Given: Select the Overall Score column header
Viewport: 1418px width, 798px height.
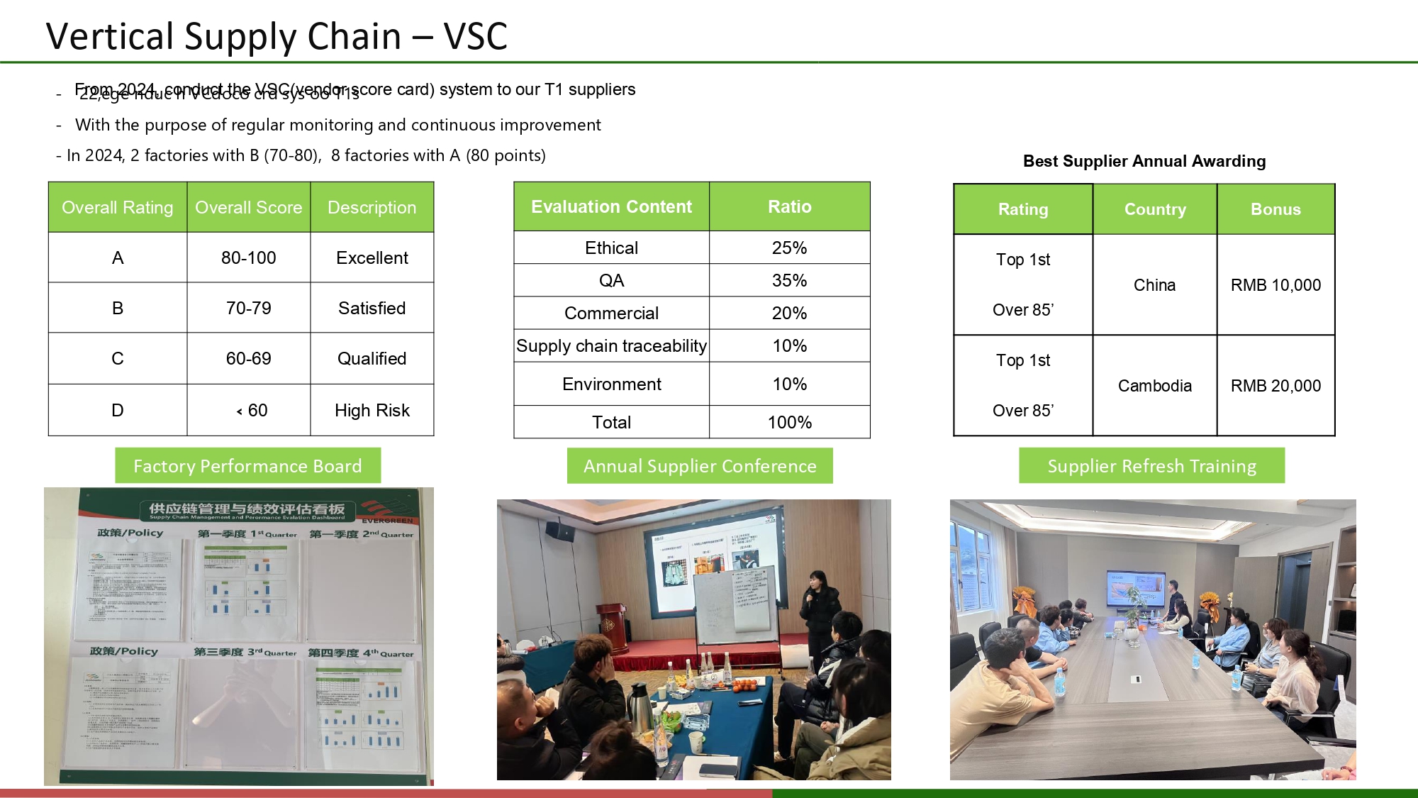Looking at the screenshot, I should coord(248,207).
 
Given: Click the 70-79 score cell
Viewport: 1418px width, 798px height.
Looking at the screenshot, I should coord(248,308).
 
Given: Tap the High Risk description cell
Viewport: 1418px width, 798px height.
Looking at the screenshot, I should coord(372,410).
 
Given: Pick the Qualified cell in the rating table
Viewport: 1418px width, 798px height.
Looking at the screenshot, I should coord(372,358).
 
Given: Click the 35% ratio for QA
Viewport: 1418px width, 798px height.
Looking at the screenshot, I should coord(789,280).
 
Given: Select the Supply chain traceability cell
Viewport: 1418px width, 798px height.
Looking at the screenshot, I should coord(611,345).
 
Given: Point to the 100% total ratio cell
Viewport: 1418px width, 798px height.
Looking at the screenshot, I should coord(789,422).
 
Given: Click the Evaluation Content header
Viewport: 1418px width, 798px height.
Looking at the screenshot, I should coord(611,206).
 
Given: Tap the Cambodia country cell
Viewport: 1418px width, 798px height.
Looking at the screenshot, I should coord(1154,385).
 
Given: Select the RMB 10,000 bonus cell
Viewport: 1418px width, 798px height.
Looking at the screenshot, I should coord(1275,284).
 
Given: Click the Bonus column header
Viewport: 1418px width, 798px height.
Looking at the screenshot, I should coord(1275,209).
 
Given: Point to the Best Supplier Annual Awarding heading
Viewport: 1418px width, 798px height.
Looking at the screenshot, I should coord(1144,161).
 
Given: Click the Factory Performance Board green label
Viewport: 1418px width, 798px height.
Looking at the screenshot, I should coord(247,465).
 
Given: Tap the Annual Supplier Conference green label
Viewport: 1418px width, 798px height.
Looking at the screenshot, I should coord(700,465).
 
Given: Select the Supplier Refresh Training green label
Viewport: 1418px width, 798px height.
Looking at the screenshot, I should coord(1151,465).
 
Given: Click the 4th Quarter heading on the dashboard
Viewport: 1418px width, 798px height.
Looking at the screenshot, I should coord(361,653).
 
